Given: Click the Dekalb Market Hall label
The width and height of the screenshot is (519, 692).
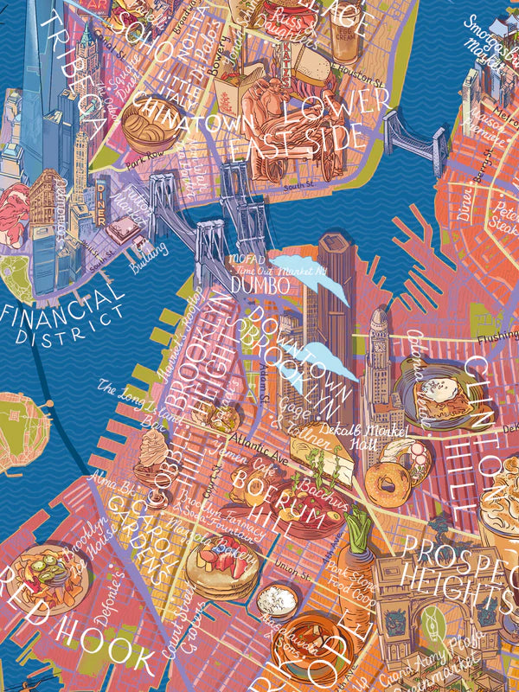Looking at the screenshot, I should click(375, 435).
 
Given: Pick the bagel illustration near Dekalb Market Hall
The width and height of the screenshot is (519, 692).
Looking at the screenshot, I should click(385, 481).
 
